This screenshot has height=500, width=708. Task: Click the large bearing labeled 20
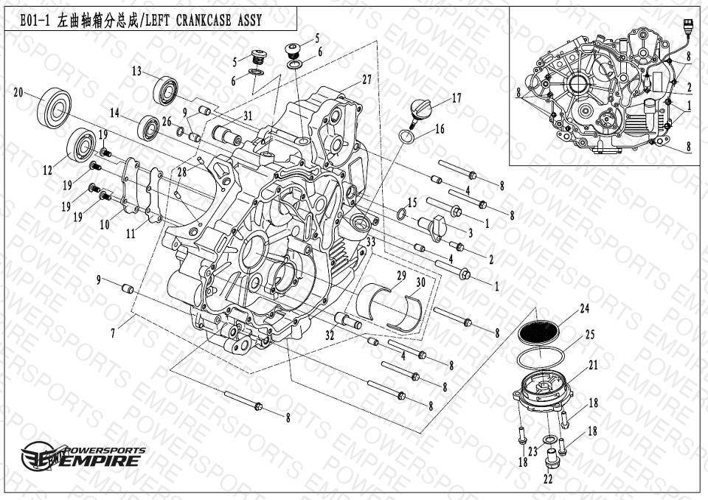[x=54, y=108]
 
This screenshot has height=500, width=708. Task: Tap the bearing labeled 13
[x=165, y=91]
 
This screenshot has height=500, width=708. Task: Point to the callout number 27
[x=367, y=80]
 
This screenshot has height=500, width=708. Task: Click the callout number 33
[x=371, y=243]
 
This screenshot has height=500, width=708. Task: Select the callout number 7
[x=114, y=333]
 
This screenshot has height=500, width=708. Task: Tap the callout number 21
[x=593, y=365]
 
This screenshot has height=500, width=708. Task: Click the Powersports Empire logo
[x=84, y=456]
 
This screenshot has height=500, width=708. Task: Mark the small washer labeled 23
[x=550, y=440]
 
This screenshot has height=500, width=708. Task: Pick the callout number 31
[x=248, y=116]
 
